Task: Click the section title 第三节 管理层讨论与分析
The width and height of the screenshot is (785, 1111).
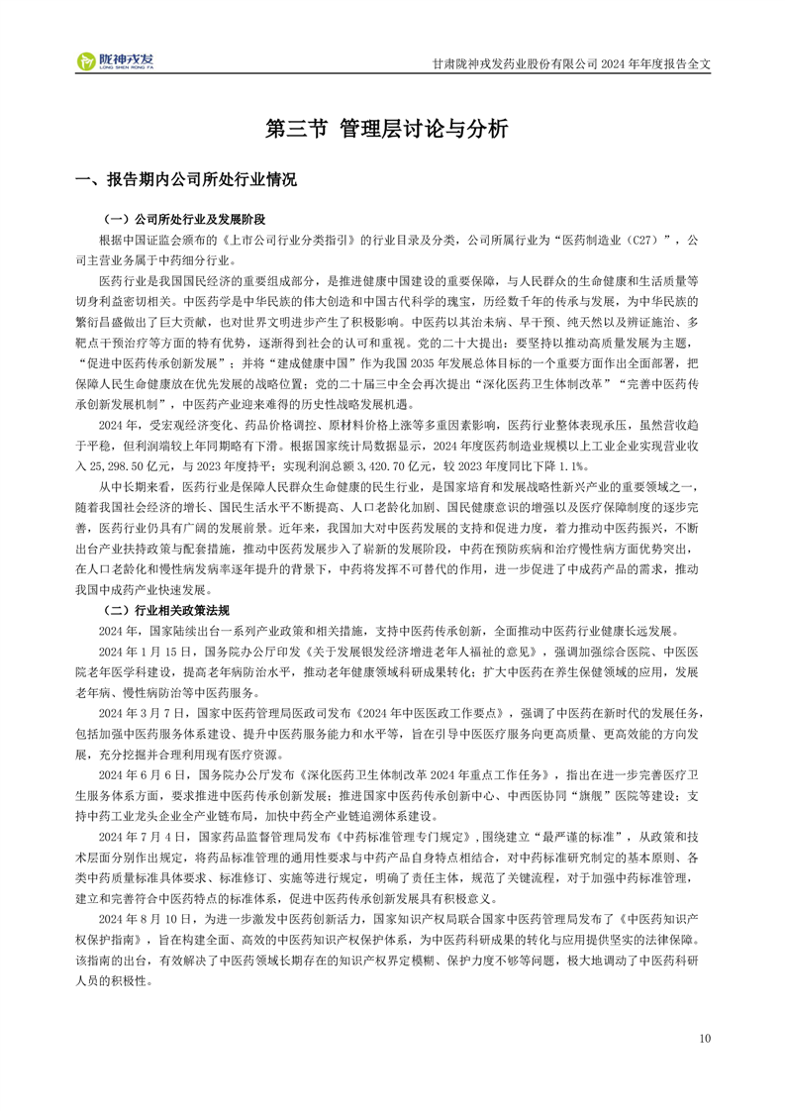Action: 392,129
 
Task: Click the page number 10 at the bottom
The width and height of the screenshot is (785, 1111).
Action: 705,1038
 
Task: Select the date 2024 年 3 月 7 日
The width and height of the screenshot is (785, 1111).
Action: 144,711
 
